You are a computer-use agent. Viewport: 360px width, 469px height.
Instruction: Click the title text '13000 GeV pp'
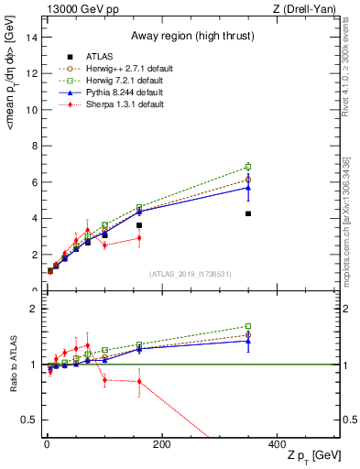pyautogui.click(x=75, y=8)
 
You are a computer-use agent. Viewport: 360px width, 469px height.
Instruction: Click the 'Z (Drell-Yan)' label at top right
pyautogui.click(x=309, y=8)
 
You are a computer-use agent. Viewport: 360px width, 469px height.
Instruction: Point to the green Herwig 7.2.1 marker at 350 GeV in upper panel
pyautogui.click(x=248, y=167)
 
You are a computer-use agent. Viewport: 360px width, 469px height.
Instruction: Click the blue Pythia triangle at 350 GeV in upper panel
pyautogui.click(x=248, y=187)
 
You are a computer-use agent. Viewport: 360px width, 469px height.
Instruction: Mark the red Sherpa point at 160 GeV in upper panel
pyautogui.click(x=139, y=238)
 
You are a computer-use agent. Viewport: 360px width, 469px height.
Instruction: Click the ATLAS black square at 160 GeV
pyautogui.click(x=139, y=225)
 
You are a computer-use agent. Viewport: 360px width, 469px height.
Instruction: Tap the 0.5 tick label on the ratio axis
pyautogui.click(x=28, y=420)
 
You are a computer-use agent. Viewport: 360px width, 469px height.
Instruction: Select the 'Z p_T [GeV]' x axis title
pyautogui.click(x=313, y=456)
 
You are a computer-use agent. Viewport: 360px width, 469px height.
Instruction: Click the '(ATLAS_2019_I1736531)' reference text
pyautogui.click(x=191, y=274)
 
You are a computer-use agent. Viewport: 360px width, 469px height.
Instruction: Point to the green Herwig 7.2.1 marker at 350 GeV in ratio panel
pyautogui.click(x=248, y=326)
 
